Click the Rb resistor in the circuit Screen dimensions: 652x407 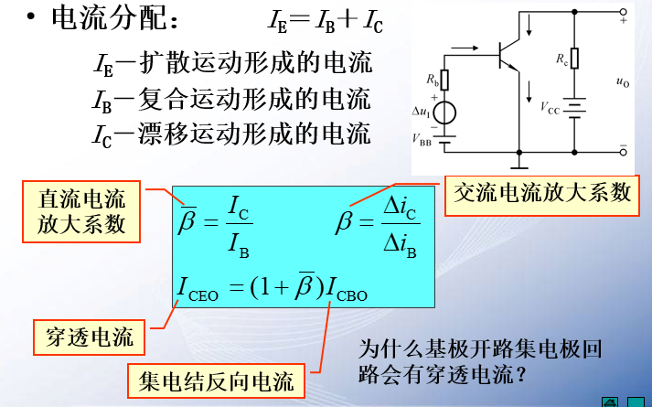[445, 81]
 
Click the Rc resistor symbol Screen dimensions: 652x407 [575, 59]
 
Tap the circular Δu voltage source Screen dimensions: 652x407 [445, 112]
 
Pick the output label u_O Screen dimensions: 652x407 [623, 82]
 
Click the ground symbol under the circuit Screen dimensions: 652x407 [520, 166]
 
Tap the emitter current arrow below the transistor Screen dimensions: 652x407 [529, 91]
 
